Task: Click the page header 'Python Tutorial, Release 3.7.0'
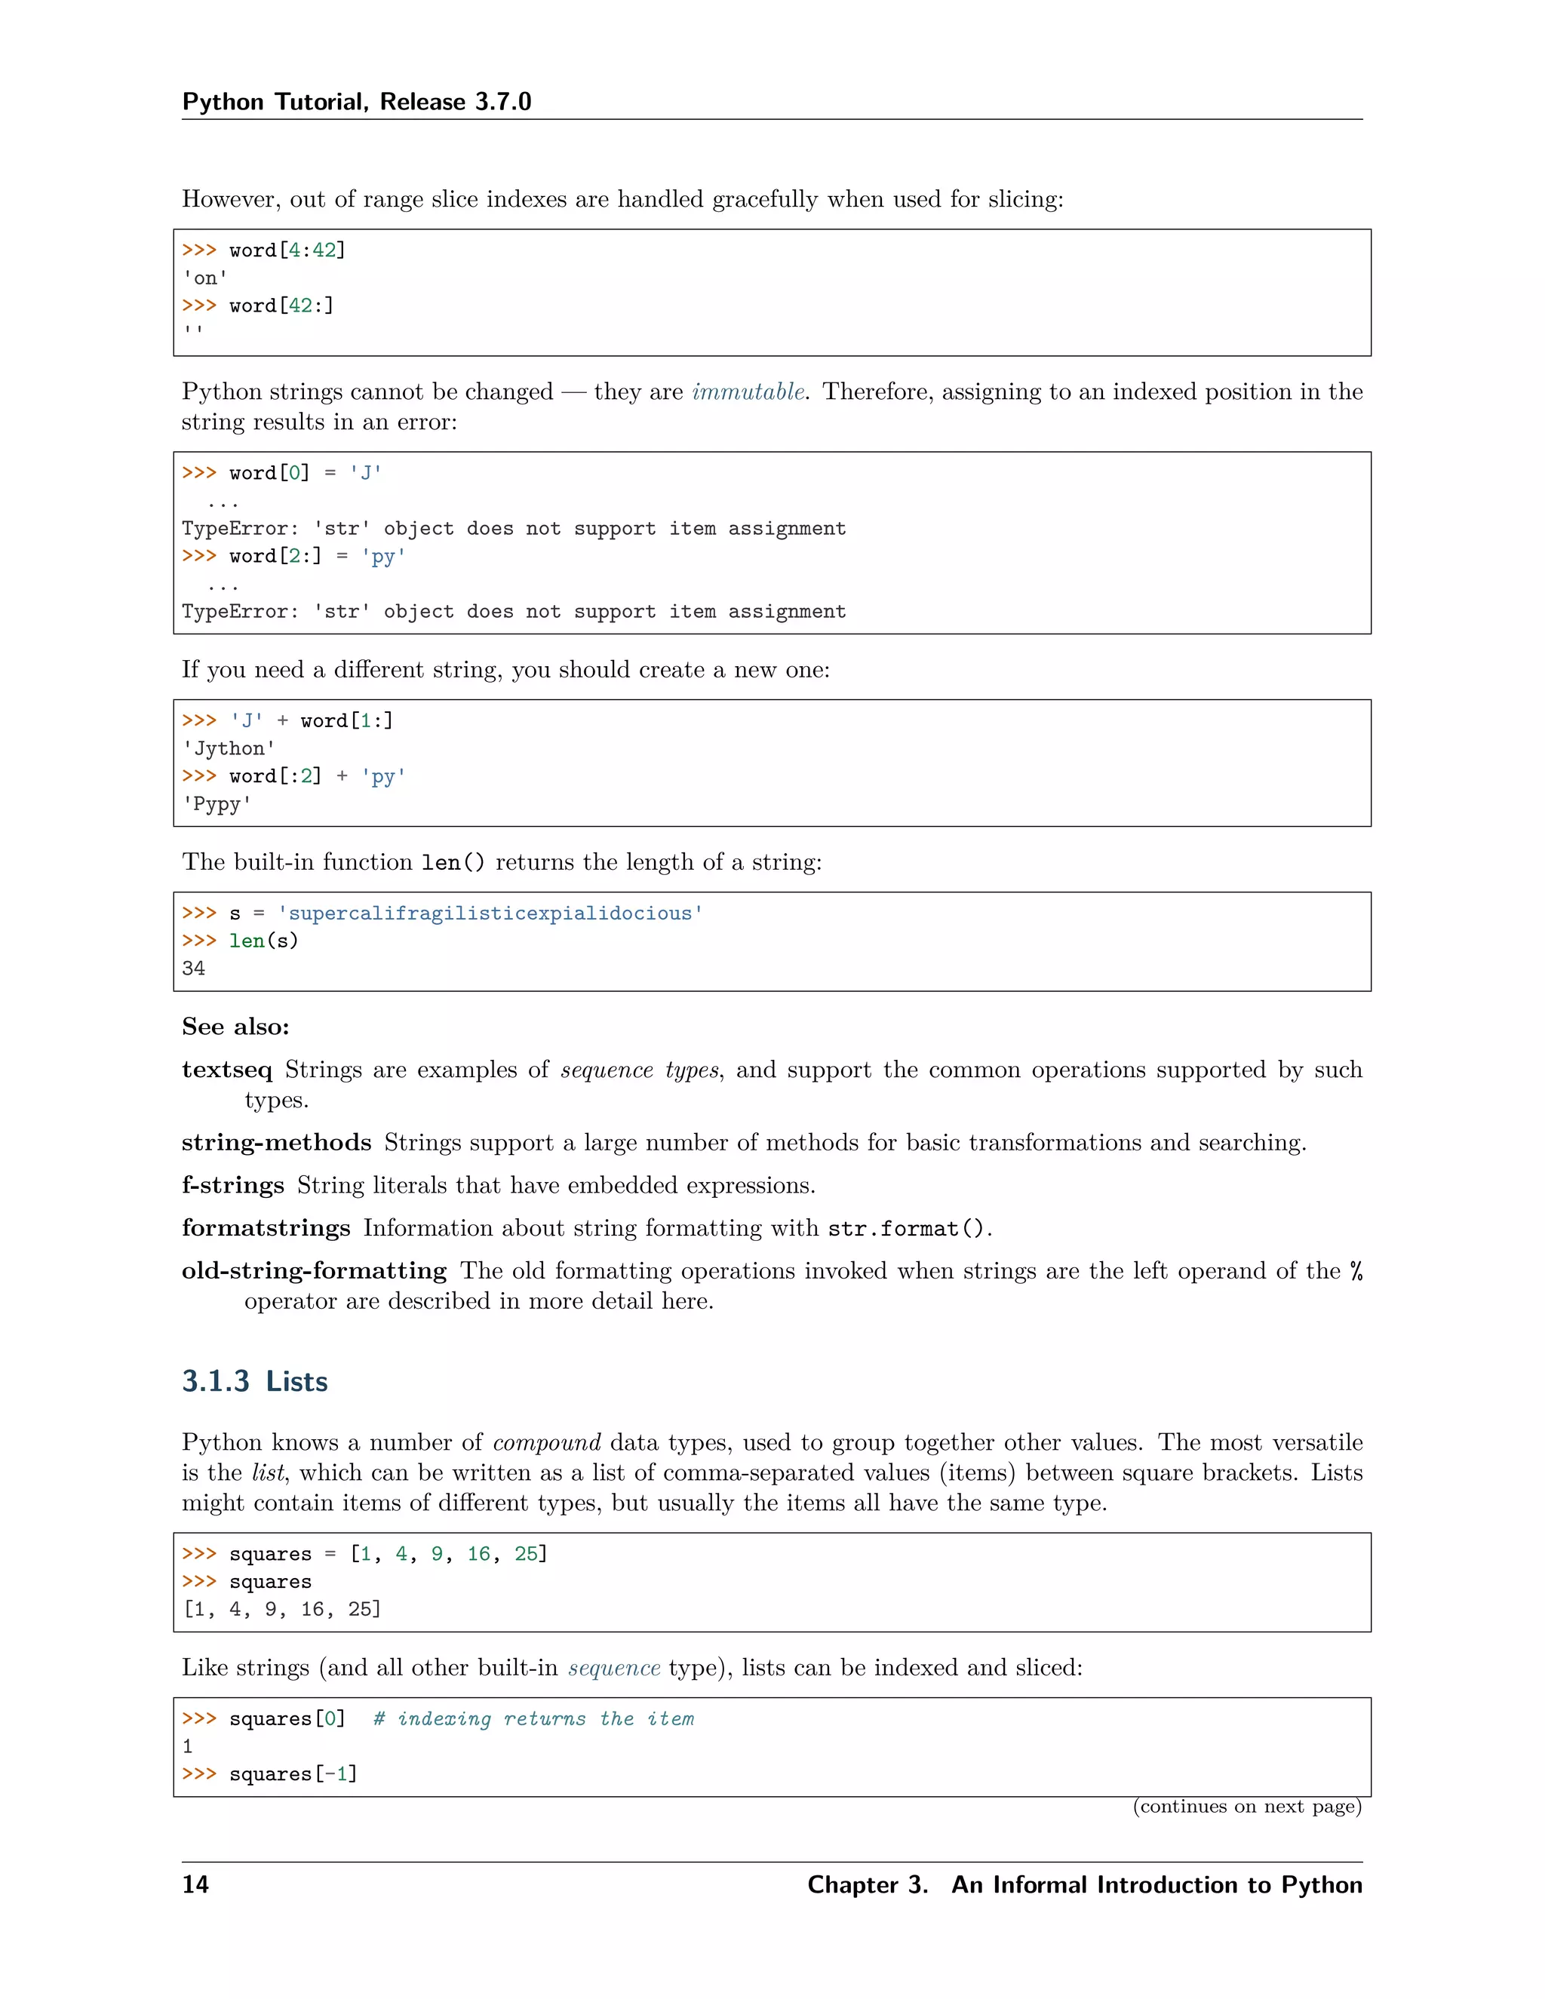[356, 102]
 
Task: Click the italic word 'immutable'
[748, 392]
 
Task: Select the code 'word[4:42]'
[287, 250]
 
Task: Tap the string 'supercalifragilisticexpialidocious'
[490, 914]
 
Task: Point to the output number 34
[193, 969]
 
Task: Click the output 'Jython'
[229, 749]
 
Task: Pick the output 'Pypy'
[217, 805]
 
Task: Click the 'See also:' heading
[235, 1027]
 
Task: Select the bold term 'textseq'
[226, 1070]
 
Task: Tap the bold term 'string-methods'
[275, 1143]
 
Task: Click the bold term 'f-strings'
[232, 1185]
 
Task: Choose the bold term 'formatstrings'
[266, 1228]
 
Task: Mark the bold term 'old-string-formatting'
[314, 1271]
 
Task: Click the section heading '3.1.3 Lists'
[254, 1381]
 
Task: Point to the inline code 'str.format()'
[906, 1228]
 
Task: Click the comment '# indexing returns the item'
[533, 1719]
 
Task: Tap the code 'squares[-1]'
[293, 1774]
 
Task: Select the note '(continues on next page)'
[1246, 1806]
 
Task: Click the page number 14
[195, 1884]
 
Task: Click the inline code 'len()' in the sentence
[452, 862]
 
